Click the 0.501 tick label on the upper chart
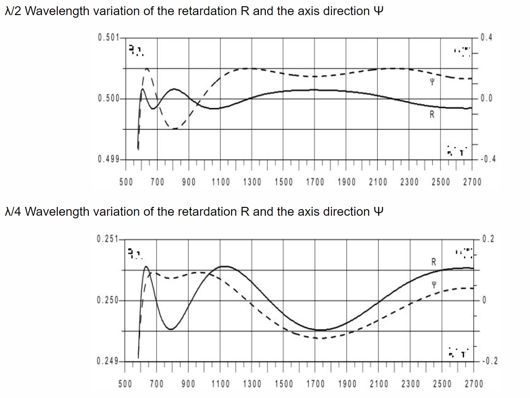108,37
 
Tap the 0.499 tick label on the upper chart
108,160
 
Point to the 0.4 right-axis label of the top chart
486,37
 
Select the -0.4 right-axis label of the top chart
488,160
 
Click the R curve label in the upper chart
432,114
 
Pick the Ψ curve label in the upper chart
432,82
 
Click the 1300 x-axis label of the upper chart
252,182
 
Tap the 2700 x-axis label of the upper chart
472,182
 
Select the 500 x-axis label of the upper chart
126,182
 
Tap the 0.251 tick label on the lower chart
107,239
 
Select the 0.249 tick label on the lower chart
107,361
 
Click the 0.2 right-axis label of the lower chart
488,239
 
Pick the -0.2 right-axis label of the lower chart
490,361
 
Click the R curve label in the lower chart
434,262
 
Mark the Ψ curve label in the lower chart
434,285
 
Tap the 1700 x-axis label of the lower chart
315,384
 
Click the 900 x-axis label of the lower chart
188,384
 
